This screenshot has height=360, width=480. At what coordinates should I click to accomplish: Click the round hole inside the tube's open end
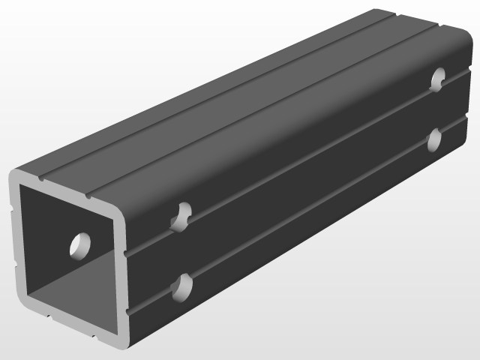[x=79, y=244]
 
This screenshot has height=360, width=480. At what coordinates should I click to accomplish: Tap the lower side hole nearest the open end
[x=181, y=286]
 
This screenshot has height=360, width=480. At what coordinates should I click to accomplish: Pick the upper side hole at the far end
[x=438, y=78]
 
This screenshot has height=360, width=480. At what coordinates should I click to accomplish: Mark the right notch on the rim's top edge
[x=88, y=196]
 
